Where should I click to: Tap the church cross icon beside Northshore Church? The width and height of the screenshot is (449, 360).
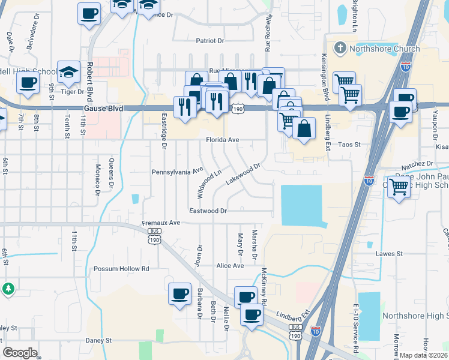[340, 48]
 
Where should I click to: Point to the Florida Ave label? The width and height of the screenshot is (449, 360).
[223, 140]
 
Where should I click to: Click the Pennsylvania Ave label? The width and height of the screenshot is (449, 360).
[178, 171]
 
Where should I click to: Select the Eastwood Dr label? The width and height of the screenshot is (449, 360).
[208, 211]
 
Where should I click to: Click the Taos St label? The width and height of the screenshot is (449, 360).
[348, 145]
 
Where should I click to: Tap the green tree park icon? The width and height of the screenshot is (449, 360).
[8, 289]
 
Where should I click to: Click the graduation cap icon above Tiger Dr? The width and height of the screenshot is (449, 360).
[69, 72]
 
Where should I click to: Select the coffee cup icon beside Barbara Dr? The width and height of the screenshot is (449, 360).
[179, 293]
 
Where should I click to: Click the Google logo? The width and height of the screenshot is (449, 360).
[20, 353]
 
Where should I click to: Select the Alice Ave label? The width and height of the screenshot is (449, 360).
[231, 265]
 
